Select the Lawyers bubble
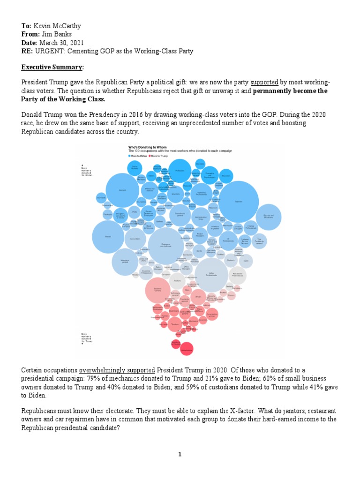click(x=122, y=190)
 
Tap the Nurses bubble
click(x=108, y=237)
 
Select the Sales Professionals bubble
click(x=211, y=275)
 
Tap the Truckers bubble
click(x=174, y=323)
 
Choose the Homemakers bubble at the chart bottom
click(x=187, y=349)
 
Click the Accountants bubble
click(x=135, y=239)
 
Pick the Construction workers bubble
click(x=212, y=315)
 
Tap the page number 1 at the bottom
click(x=180, y=454)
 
